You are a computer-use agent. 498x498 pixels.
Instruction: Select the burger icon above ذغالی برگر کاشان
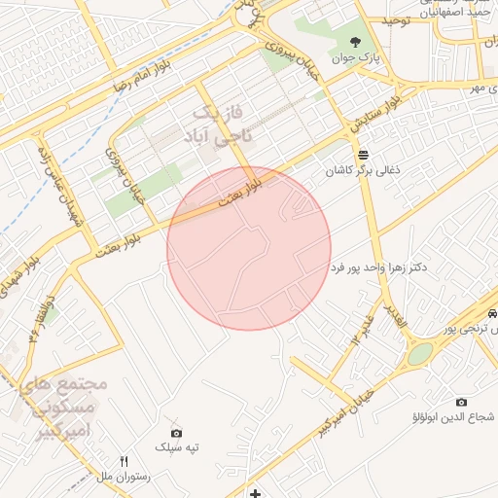363,155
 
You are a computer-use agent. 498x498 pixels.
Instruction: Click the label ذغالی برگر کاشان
362,170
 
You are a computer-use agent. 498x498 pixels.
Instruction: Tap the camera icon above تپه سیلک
176,433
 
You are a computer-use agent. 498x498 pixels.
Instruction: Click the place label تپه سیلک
177,447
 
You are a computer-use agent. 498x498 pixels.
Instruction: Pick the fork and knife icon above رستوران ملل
124,460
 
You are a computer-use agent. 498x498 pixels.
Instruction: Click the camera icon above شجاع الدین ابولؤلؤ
461,402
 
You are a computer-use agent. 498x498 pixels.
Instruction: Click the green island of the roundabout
418,355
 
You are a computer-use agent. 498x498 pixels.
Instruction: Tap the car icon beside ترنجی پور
494,314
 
